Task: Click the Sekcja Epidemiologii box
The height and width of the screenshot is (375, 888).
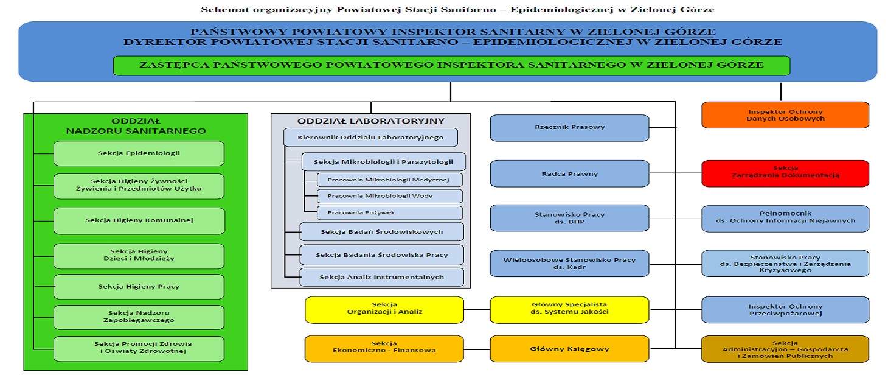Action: (139, 153)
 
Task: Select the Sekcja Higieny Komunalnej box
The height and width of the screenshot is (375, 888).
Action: (139, 220)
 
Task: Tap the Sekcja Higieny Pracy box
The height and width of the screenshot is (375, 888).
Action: (139, 287)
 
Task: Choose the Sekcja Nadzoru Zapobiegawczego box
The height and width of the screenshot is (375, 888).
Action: (139, 317)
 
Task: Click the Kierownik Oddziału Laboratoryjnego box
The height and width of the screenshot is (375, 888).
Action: (370, 137)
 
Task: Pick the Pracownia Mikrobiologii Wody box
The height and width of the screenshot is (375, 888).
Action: (389, 196)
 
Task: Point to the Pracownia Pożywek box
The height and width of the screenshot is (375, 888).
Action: (389, 213)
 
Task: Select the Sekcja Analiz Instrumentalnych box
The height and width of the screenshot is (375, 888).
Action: (381, 278)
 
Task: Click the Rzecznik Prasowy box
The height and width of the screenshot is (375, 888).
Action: (569, 128)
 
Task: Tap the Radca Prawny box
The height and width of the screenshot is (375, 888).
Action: (569, 174)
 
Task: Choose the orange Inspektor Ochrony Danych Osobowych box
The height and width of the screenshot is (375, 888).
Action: (785, 115)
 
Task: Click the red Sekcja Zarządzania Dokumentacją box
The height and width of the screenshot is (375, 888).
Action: (785, 172)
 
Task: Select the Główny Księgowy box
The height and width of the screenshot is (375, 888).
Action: (569, 349)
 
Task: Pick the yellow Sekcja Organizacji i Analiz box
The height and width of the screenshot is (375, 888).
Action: (384, 308)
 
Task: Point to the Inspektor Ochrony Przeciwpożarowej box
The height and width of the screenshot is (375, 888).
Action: (785, 310)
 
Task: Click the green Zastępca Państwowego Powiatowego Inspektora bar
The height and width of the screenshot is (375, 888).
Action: (451, 65)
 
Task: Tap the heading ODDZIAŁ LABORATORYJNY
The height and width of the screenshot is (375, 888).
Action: (370, 121)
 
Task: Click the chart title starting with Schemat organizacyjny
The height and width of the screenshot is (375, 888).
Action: (449, 10)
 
